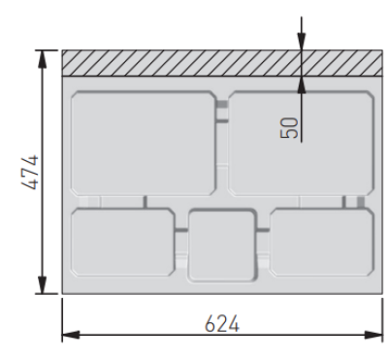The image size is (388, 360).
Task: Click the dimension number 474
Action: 30,173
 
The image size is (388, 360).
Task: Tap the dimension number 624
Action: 222,323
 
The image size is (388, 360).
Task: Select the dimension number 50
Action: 289,128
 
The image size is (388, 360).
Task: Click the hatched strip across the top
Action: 222,63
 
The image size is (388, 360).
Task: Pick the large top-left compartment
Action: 144,144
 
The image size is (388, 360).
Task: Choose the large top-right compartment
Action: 302,144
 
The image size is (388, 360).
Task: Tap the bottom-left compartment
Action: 123,243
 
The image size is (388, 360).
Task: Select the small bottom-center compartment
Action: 222,245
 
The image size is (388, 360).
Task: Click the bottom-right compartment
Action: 322,243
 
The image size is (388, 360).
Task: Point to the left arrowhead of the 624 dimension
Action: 71,335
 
